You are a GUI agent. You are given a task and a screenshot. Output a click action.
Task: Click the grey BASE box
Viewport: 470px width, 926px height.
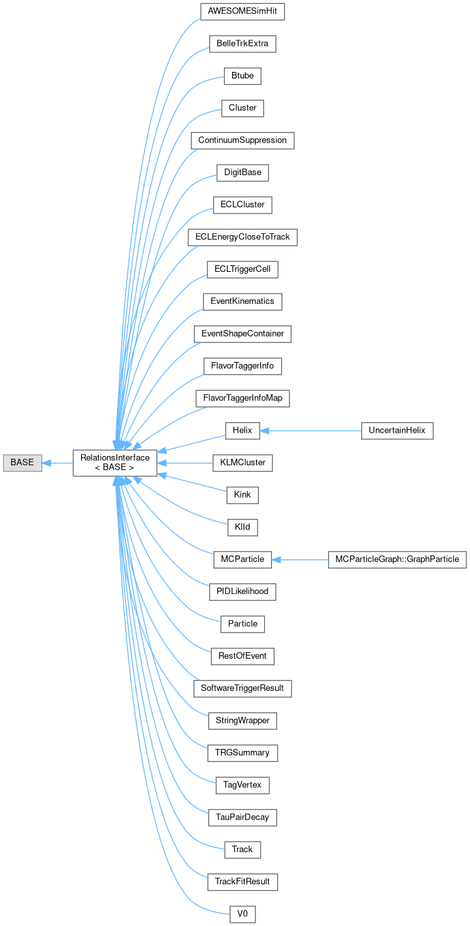[x=22, y=463]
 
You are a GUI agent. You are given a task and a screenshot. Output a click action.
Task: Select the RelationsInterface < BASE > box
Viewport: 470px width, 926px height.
[x=114, y=463]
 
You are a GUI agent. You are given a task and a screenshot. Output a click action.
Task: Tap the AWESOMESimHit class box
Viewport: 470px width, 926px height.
[x=243, y=12]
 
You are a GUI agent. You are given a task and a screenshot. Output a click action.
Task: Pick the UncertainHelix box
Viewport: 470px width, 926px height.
[x=397, y=431]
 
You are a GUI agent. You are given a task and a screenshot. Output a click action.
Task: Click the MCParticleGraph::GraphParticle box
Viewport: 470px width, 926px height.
[x=397, y=559]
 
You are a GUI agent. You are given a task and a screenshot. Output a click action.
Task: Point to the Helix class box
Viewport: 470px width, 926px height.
[x=243, y=431]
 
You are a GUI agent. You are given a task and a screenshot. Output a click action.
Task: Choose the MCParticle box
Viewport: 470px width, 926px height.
[x=243, y=559]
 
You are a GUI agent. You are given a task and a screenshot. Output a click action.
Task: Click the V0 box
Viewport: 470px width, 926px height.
[x=243, y=914]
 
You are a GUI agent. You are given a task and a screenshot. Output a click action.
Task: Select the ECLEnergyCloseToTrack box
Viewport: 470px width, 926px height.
[x=243, y=237]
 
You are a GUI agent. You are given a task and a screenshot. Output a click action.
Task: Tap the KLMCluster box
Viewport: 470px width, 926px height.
[x=243, y=463]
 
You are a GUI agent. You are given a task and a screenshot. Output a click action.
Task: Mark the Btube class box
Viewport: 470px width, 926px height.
[x=243, y=76]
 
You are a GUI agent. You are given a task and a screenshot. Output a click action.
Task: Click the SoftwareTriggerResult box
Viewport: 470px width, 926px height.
[x=243, y=688]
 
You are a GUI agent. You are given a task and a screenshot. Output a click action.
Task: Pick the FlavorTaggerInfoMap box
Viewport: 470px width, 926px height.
[x=243, y=398]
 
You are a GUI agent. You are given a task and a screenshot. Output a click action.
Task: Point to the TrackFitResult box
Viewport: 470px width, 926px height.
[x=243, y=882]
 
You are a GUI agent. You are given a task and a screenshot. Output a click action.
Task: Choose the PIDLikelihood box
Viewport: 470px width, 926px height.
[x=243, y=591]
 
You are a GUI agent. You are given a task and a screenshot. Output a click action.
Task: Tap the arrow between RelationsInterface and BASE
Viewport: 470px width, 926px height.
[x=57, y=463]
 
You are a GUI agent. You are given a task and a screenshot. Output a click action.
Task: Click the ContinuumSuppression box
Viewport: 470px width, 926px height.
[x=243, y=141]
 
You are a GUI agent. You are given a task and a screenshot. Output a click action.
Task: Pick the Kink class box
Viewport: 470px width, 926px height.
[x=243, y=495]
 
